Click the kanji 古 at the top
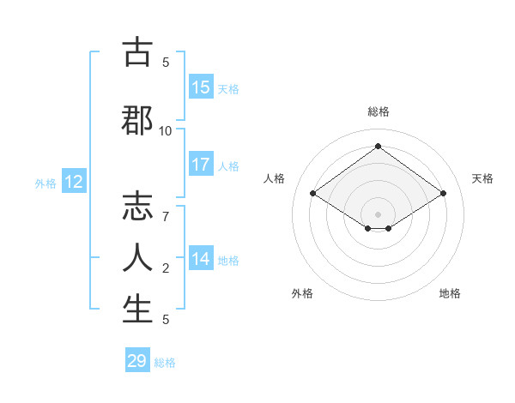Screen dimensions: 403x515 tap(137, 53)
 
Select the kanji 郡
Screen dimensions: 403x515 tap(137, 120)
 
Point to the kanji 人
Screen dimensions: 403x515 tap(137, 257)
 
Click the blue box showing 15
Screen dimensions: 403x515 tap(201, 87)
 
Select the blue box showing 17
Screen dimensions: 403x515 tap(201, 165)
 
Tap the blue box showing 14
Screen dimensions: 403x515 tap(201, 259)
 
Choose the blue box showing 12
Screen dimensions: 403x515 tap(74, 182)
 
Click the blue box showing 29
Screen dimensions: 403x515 tap(137, 361)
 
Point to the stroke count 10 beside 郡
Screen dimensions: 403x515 tap(166, 130)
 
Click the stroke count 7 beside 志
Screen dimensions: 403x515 tap(166, 216)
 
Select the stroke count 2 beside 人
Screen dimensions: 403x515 tap(166, 268)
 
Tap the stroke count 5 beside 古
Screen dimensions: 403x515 tap(166, 63)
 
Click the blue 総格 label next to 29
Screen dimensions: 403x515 tap(165, 363)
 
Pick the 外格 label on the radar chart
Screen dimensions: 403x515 tap(302, 293)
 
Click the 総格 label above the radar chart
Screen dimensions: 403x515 tap(378, 111)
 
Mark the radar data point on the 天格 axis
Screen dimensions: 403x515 tap(443, 194)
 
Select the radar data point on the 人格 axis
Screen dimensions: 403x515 tap(312, 194)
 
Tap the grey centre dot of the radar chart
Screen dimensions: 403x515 tap(378, 213)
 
